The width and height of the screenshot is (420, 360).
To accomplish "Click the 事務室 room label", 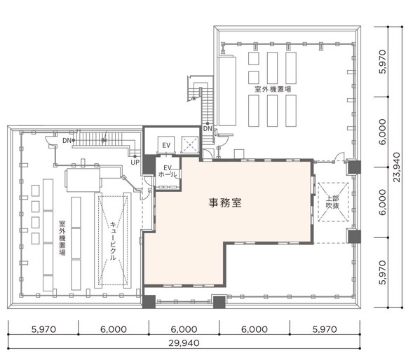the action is tap(225, 202).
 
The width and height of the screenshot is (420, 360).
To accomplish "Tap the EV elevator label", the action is tap(166, 146).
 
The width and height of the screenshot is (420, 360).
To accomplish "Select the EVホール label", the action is tap(168, 172).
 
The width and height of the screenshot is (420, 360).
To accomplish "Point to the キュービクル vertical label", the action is tap(113, 241).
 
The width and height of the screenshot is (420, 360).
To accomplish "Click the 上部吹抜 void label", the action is tap(332, 202).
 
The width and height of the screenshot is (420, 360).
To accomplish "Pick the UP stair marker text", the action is tap(135, 162).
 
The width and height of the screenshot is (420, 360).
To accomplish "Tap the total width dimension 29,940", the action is tap(184, 343).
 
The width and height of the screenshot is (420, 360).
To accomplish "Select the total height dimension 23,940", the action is tap(397, 167).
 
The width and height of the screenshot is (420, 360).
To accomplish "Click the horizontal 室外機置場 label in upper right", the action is tap(273, 89).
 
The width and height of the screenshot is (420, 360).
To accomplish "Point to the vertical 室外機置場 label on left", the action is tap(62, 238).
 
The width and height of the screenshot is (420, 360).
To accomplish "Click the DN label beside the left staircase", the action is tap(67, 140).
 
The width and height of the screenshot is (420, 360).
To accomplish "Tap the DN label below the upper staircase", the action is tap(208, 129).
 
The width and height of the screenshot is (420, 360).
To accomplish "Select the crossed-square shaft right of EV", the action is tap(190, 145).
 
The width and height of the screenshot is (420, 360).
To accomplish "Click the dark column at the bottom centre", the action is tap(219, 302).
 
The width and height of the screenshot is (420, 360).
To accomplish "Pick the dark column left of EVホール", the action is tap(149, 165).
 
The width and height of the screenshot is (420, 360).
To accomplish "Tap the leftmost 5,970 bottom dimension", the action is tap(43, 329).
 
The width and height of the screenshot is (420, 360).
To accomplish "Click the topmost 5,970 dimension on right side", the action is tap(383, 62).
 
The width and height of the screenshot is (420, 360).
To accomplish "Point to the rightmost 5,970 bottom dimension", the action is tap(325, 329).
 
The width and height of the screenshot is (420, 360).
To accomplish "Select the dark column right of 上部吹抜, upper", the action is tap(355, 167).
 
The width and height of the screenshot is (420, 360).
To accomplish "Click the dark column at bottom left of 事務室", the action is tap(149, 302).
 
